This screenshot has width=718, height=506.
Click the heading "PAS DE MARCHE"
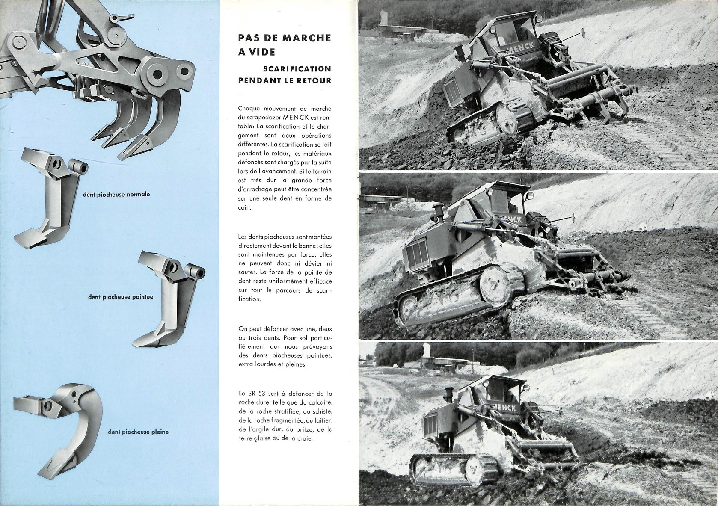(284, 38)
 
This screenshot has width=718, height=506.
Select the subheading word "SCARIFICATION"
(297, 69)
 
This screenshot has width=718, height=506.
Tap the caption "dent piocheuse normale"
(116, 195)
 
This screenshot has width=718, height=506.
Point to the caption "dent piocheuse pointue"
(121, 297)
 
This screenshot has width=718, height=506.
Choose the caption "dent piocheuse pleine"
(138, 432)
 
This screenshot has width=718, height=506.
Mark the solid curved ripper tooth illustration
(60, 428)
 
